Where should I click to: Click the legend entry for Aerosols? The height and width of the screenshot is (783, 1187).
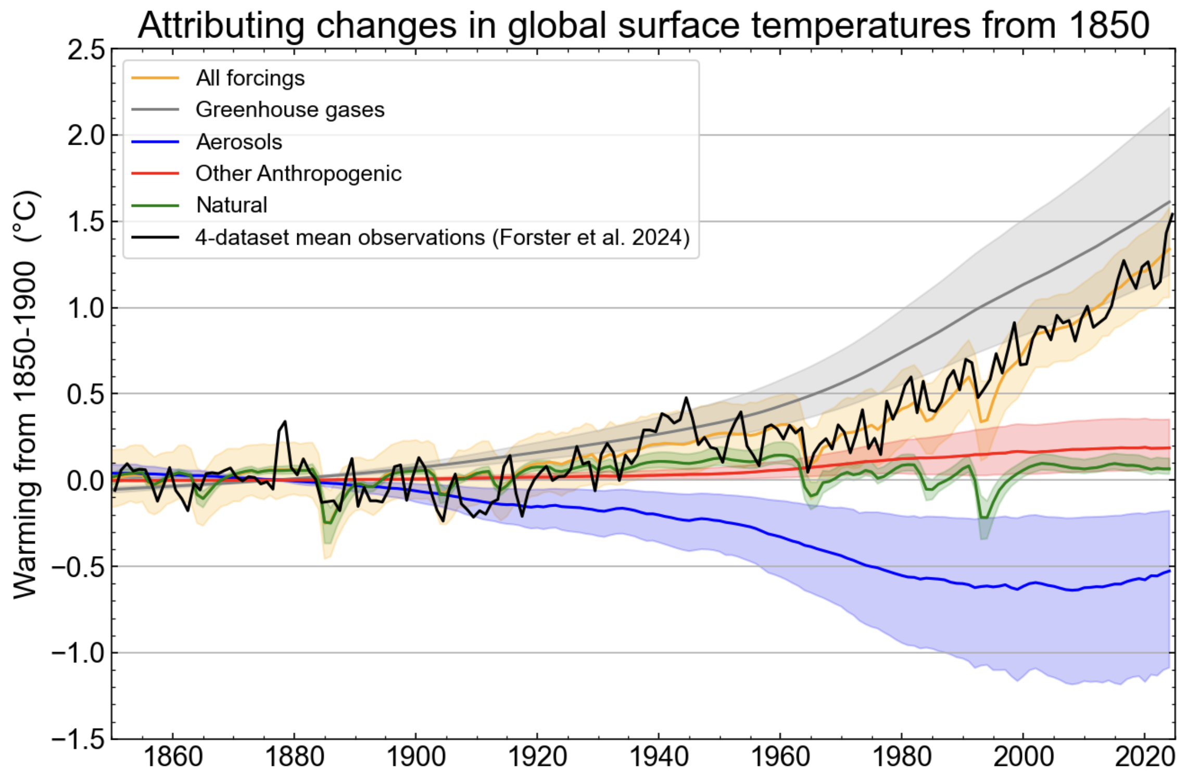(x=238, y=142)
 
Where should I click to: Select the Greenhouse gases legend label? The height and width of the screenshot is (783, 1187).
(x=289, y=110)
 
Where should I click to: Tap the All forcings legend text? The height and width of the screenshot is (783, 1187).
(x=250, y=78)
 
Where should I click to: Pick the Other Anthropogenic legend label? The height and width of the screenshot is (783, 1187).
(x=298, y=173)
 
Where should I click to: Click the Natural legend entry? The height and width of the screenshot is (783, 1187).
(x=231, y=205)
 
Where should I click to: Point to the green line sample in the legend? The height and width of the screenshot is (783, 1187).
(x=155, y=205)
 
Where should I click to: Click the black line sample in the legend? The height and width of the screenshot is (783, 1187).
(x=155, y=237)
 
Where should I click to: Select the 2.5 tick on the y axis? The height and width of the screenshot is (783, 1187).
(x=86, y=51)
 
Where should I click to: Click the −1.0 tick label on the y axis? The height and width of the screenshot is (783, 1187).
(x=78, y=652)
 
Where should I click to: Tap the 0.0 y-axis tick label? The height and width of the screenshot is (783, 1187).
(x=86, y=480)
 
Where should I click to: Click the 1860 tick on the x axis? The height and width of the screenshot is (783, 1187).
(x=172, y=756)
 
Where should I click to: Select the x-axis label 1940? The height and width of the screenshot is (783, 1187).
(x=659, y=756)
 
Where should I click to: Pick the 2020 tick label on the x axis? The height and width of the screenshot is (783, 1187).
(x=1144, y=756)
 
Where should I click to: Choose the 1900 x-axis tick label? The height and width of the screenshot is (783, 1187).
(x=415, y=756)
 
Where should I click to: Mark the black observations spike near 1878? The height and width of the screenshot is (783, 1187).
(x=284, y=422)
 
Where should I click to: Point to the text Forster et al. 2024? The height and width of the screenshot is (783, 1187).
(x=590, y=237)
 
